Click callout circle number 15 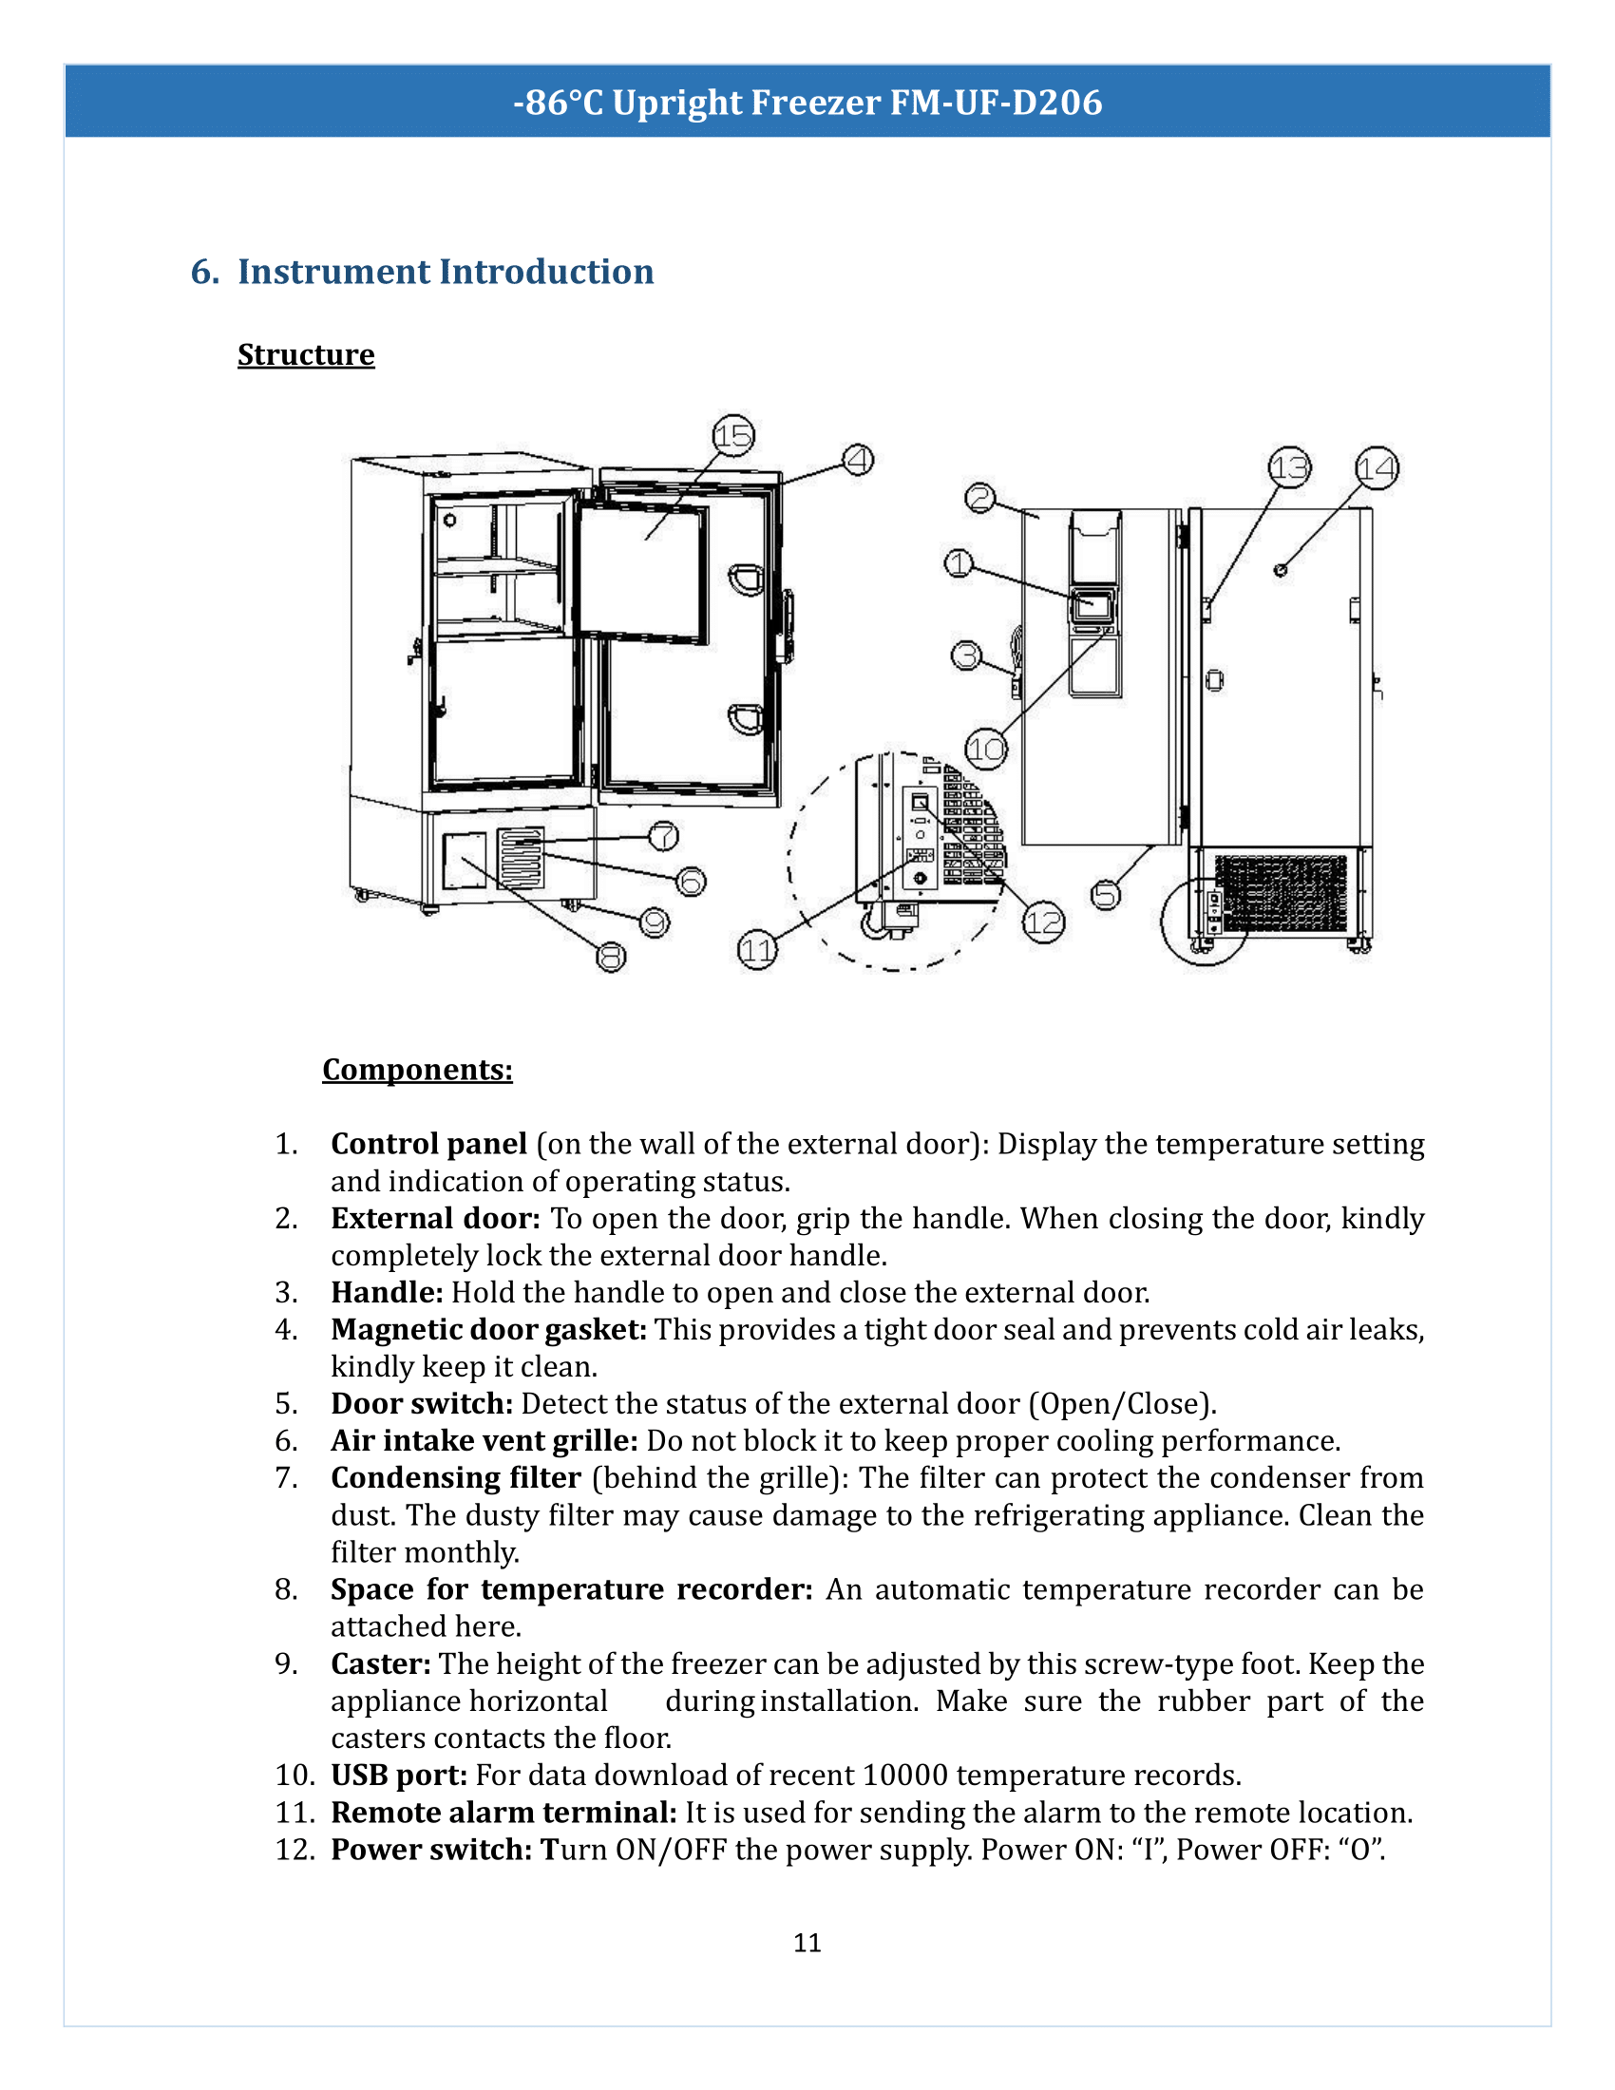click(x=733, y=436)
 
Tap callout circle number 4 click(x=857, y=461)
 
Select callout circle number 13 click(x=1289, y=468)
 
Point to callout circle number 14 click(x=1377, y=468)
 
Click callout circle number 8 click(x=612, y=956)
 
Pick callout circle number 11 click(x=757, y=951)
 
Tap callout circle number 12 click(x=1043, y=922)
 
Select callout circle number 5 click(x=1106, y=895)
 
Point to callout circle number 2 click(x=979, y=498)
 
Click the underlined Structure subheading click(x=306, y=355)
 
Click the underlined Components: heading click(x=417, y=1069)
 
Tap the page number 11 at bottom click(x=807, y=1942)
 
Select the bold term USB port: click(x=399, y=1776)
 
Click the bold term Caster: click(x=381, y=1664)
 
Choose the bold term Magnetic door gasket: click(x=489, y=1330)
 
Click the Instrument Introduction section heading click(x=445, y=272)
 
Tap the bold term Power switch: click(x=430, y=1850)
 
